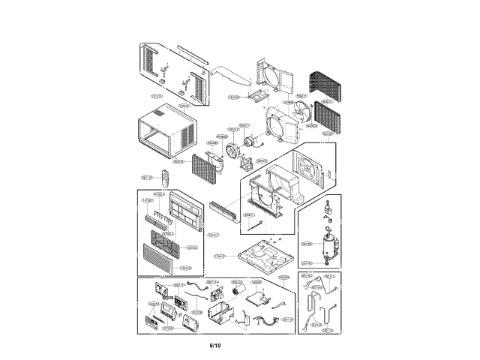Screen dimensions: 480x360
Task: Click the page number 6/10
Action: click(x=215, y=345)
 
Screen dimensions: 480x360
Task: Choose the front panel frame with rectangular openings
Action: click(x=185, y=209)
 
